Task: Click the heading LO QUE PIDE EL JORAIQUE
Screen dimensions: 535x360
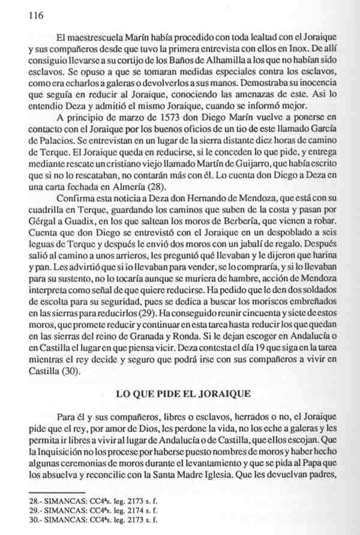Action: [180, 394]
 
